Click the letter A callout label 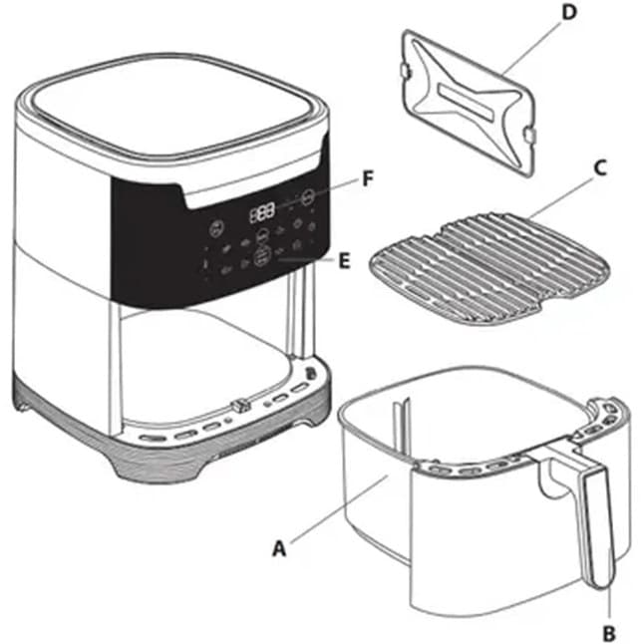[279, 548]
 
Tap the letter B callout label [609, 632]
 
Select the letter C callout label [600, 168]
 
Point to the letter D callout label [569, 12]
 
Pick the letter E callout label [344, 261]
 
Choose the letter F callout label [368, 178]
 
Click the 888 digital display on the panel [262, 212]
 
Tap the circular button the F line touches [308, 197]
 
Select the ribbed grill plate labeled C [489, 267]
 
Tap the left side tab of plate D [405, 71]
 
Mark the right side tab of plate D [529, 135]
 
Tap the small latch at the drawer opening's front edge [240, 406]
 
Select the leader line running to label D [532, 49]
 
